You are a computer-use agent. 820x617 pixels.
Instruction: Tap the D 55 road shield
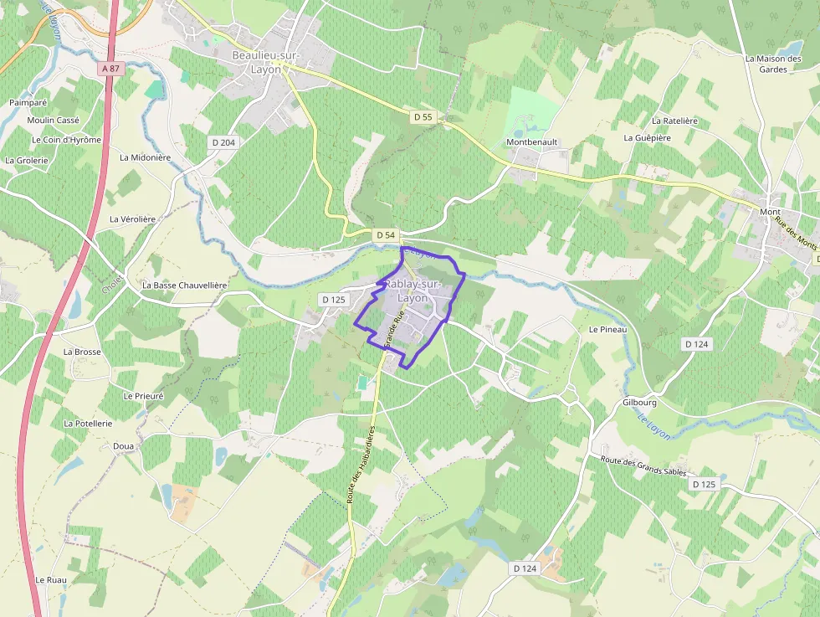(423, 117)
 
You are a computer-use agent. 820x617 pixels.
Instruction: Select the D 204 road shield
(223, 142)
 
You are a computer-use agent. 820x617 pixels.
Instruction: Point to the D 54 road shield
(385, 235)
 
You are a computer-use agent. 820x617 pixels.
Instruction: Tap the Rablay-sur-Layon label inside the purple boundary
(412, 291)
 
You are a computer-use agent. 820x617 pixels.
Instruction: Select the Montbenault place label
(531, 142)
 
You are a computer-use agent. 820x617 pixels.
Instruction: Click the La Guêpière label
(647, 137)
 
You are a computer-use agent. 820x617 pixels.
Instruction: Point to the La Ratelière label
(674, 121)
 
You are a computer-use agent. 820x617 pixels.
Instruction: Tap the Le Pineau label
(607, 330)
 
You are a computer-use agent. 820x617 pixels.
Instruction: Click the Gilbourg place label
(639, 402)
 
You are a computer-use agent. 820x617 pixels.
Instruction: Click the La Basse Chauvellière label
(184, 285)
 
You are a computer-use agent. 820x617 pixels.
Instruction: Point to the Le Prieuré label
(143, 395)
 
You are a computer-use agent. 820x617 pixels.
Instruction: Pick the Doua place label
(123, 446)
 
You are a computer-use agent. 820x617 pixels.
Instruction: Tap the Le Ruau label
(50, 579)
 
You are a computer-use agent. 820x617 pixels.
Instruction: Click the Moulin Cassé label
(53, 121)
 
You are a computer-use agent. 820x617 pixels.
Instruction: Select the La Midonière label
(145, 157)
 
